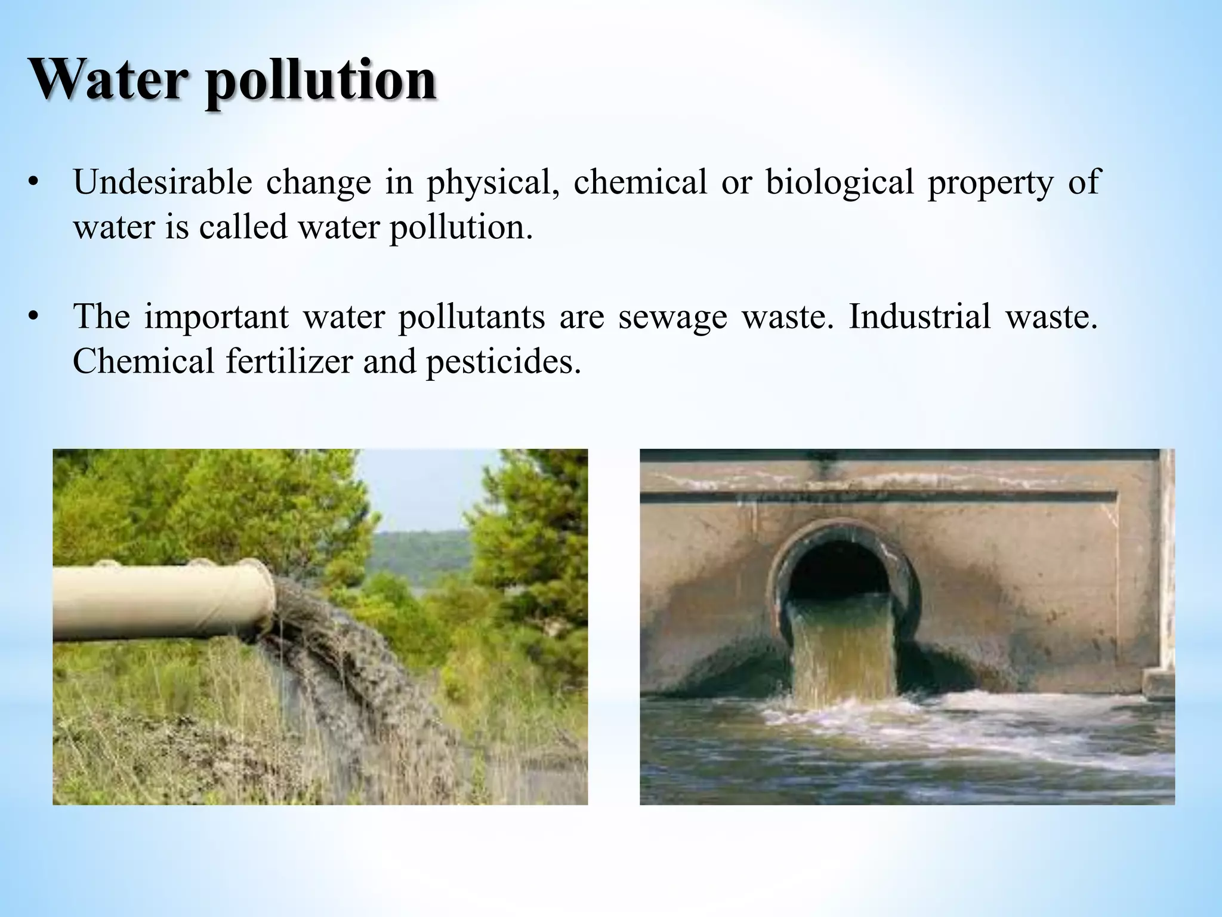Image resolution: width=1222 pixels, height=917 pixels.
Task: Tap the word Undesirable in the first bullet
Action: pos(162,182)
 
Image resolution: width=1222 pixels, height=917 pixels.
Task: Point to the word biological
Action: pos(840,182)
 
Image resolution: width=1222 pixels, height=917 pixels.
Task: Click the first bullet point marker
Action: pos(33,182)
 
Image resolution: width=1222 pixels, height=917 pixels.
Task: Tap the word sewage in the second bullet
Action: pos(672,318)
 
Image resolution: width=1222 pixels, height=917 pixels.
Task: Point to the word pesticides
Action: pos(503,362)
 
